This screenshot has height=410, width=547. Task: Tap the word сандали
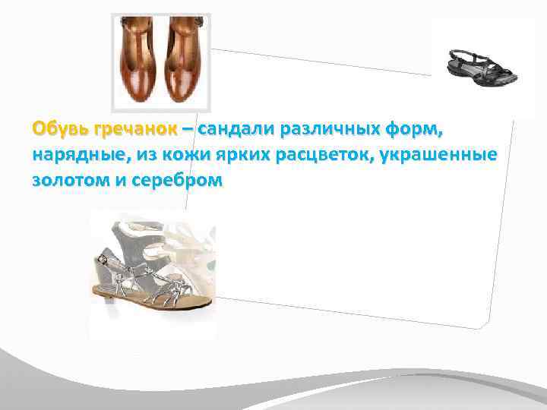click(x=235, y=130)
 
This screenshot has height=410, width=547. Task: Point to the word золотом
click(x=67, y=183)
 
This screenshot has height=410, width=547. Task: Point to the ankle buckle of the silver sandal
click(x=103, y=260)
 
